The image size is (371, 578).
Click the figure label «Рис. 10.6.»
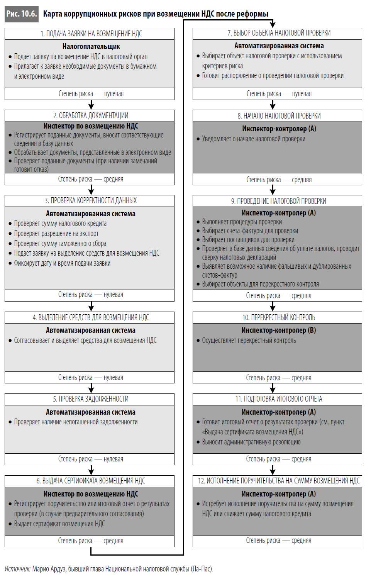pyautogui.click(x=21, y=14)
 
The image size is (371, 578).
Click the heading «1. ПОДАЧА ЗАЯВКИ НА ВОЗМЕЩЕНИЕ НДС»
pyautogui.click(x=91, y=34)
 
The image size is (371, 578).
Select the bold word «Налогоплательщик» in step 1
pyautogui.click(x=91, y=46)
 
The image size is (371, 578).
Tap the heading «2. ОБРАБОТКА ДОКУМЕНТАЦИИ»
pyautogui.click(x=91, y=115)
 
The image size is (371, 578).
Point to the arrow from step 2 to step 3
pyautogui.click(x=91, y=190)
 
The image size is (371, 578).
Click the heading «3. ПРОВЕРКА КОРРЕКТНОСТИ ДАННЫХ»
pyautogui.click(x=91, y=201)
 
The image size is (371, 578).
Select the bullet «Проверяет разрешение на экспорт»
pyautogui.click(x=56, y=234)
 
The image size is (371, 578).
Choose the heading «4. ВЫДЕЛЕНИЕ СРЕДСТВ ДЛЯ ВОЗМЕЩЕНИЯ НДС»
pyautogui.click(x=91, y=317)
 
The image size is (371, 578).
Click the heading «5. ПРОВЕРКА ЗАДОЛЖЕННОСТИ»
pyautogui.click(x=91, y=399)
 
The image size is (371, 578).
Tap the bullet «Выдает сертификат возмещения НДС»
pyautogui.click(x=59, y=524)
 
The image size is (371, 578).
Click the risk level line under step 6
pyautogui.click(x=91, y=541)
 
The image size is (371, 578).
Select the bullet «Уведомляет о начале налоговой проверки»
pyautogui.click(x=253, y=139)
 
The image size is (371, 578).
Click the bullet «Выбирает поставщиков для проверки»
pyautogui.click(x=248, y=240)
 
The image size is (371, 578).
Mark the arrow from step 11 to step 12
pyautogui.click(x=273, y=470)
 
